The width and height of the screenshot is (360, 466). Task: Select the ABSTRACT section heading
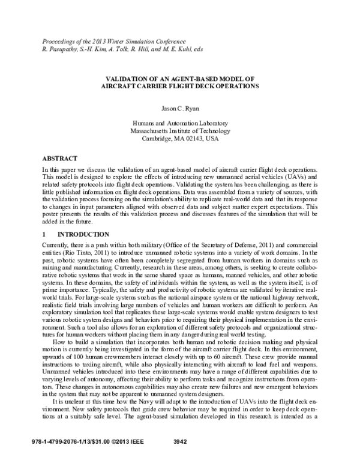[59, 159]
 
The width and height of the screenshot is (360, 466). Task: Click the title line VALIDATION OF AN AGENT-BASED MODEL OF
[180, 79]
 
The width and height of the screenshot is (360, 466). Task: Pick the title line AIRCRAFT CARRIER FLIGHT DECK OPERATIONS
[180, 86]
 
